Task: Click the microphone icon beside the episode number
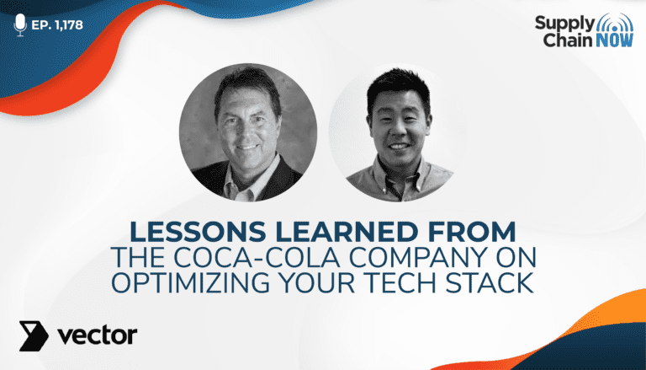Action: pos(20,24)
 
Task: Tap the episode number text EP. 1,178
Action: pos(57,25)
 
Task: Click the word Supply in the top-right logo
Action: pos(565,23)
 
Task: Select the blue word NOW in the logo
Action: pos(614,40)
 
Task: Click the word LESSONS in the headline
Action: pos(198,232)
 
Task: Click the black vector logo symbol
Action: pos(34,335)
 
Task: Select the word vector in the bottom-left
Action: pos(98,335)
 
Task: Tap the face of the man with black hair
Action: pos(400,126)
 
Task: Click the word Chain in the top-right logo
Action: pos(568,40)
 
